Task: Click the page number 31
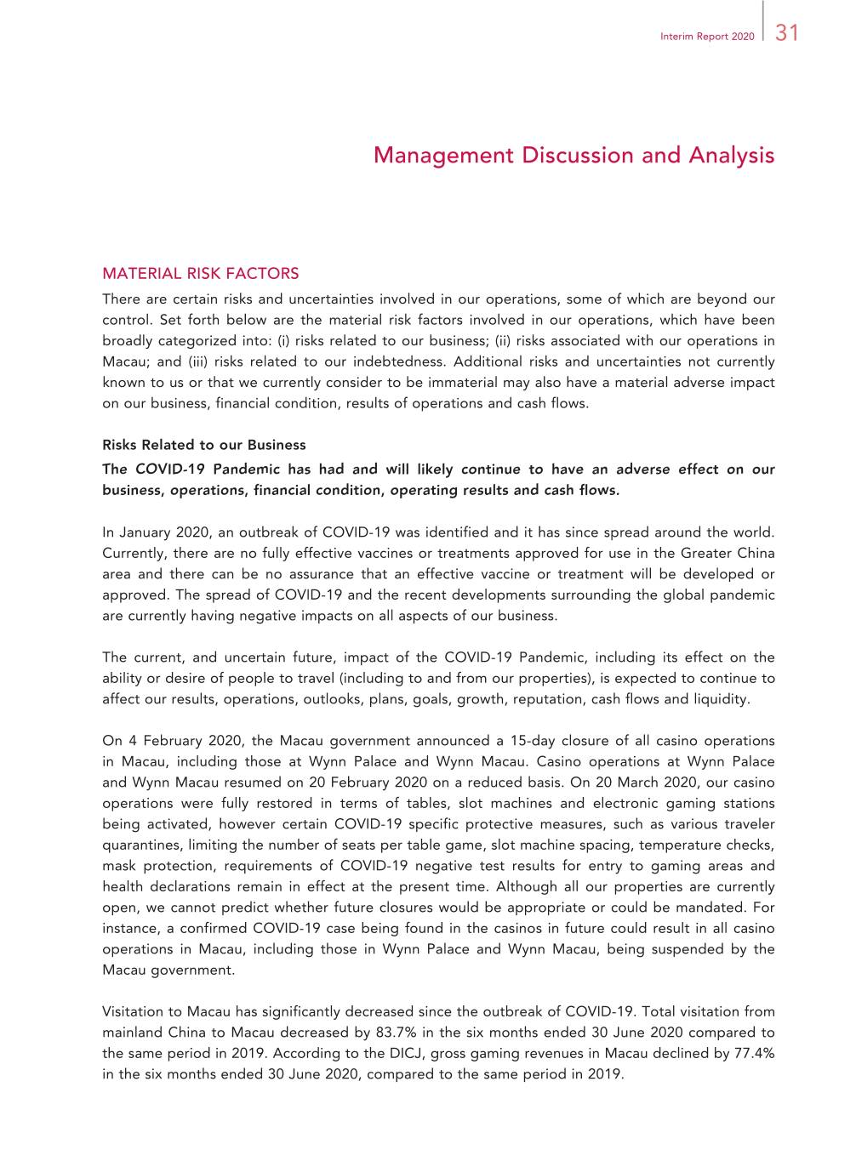(x=787, y=33)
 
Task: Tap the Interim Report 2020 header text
(x=706, y=37)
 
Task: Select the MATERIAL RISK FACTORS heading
(x=200, y=274)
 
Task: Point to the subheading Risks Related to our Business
(x=203, y=445)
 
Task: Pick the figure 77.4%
(x=754, y=1053)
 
